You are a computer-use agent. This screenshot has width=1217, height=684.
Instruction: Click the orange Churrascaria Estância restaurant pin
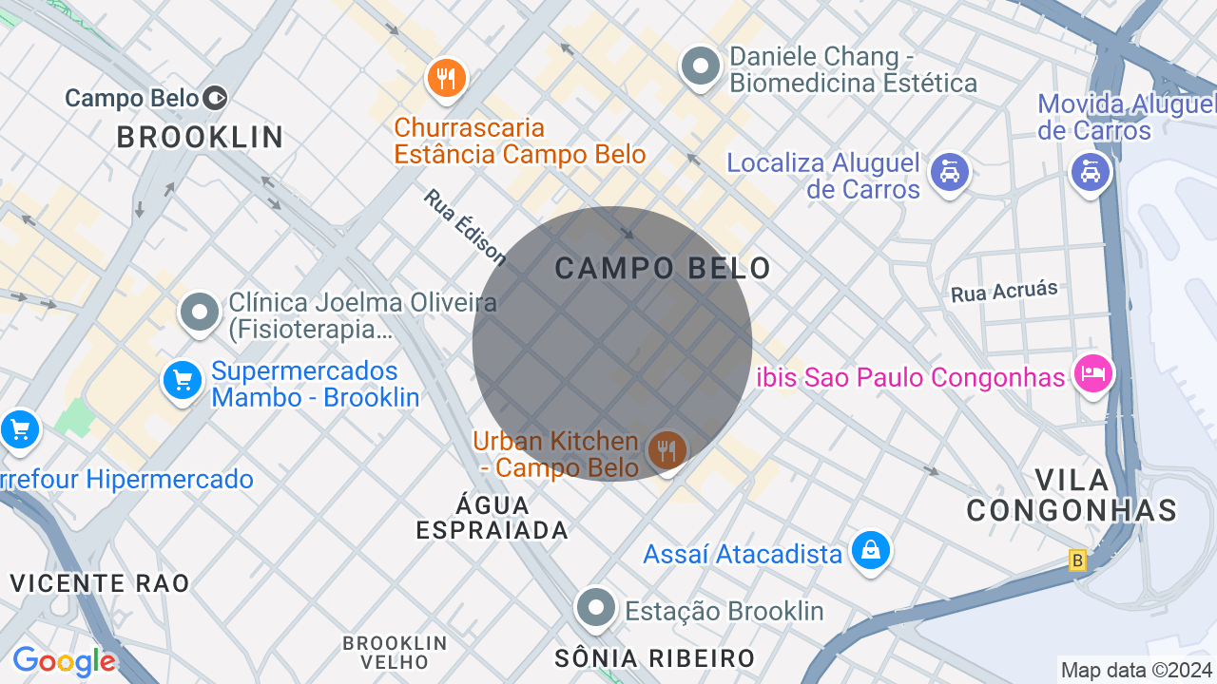click(445, 78)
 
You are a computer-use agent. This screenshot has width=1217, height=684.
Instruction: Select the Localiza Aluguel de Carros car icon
click(949, 172)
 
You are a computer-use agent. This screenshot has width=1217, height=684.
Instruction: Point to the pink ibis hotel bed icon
click(1092, 373)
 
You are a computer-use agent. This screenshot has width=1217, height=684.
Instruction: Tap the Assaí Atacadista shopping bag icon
click(870, 550)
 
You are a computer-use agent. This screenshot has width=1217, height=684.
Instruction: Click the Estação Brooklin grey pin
click(596, 607)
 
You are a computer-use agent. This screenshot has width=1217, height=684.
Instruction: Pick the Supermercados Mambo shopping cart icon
click(182, 381)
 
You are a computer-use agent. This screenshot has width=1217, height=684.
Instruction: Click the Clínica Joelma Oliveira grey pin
click(200, 312)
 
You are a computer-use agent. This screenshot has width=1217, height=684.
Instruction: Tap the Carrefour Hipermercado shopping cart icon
click(19, 430)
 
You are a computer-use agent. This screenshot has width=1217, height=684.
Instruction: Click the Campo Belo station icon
click(216, 98)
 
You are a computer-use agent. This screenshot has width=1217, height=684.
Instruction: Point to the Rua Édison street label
click(465, 226)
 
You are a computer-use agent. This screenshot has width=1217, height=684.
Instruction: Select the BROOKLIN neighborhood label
click(201, 138)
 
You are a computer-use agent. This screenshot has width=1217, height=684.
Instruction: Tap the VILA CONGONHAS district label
click(1072, 495)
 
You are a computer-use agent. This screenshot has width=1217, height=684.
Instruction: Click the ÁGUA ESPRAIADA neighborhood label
click(493, 517)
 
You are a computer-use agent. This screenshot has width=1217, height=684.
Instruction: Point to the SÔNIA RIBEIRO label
click(655, 657)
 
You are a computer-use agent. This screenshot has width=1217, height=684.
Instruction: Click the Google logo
click(64, 661)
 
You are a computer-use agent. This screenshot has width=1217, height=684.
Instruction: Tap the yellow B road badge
click(1077, 560)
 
